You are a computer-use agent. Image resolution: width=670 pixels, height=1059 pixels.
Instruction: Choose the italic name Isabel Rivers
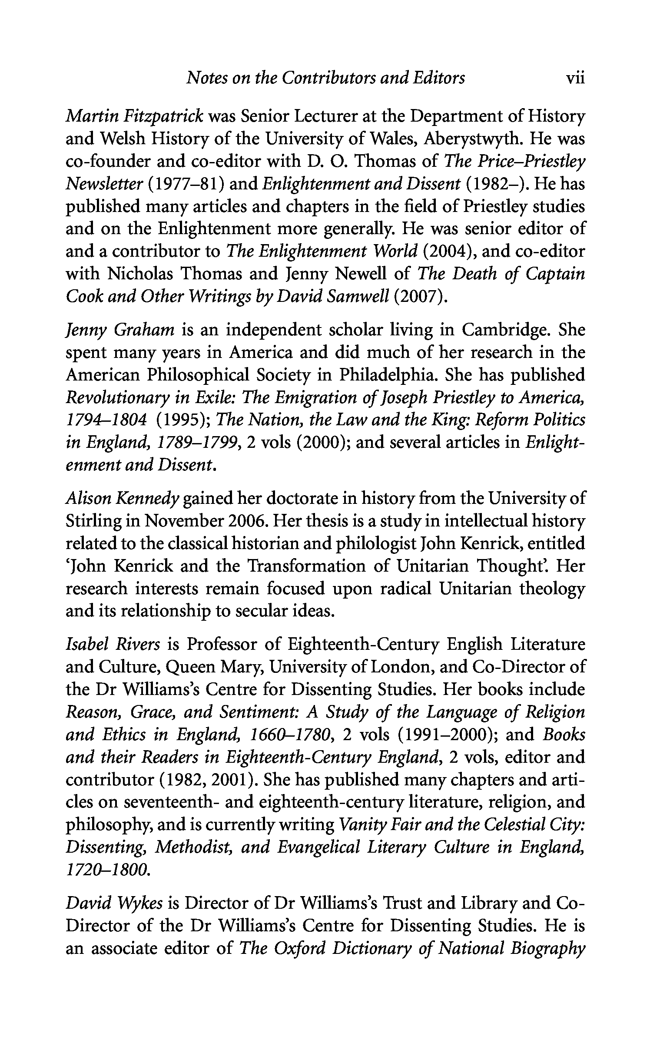[x=113, y=645]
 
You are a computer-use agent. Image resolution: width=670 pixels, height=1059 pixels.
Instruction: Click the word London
[x=402, y=667]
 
